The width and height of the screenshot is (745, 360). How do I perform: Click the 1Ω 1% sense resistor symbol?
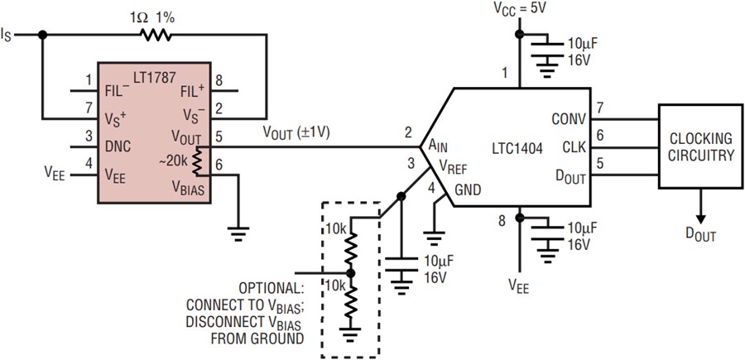(x=156, y=35)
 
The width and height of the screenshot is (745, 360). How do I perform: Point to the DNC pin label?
(x=118, y=146)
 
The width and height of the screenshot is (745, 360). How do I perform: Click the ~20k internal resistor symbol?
(x=198, y=161)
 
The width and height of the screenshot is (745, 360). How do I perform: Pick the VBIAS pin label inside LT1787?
(x=188, y=189)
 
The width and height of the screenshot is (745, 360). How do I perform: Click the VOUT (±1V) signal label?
(x=297, y=132)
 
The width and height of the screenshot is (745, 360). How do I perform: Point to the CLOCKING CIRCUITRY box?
(x=700, y=146)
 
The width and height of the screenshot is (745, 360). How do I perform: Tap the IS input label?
(x=6, y=35)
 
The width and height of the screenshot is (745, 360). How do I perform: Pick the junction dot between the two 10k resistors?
(x=351, y=274)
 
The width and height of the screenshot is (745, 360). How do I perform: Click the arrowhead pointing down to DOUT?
(x=701, y=219)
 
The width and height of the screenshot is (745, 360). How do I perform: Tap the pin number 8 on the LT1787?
(x=219, y=79)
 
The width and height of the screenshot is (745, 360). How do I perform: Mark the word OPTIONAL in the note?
(x=272, y=289)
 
